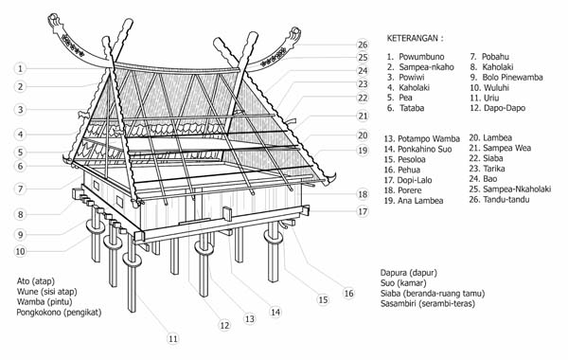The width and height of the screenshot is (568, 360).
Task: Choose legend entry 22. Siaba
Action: (503, 161)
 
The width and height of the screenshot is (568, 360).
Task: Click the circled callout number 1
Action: (20, 68)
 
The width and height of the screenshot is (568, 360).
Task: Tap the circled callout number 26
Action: (363, 45)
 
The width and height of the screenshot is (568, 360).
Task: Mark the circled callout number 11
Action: (172, 338)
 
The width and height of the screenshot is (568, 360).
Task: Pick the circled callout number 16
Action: (349, 294)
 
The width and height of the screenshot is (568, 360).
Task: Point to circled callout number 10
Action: (20, 251)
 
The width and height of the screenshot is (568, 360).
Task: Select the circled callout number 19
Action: (363, 151)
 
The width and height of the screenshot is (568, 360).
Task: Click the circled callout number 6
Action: (20, 167)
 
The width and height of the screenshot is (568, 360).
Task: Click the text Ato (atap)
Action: (36, 281)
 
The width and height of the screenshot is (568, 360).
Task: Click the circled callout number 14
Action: (275, 312)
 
